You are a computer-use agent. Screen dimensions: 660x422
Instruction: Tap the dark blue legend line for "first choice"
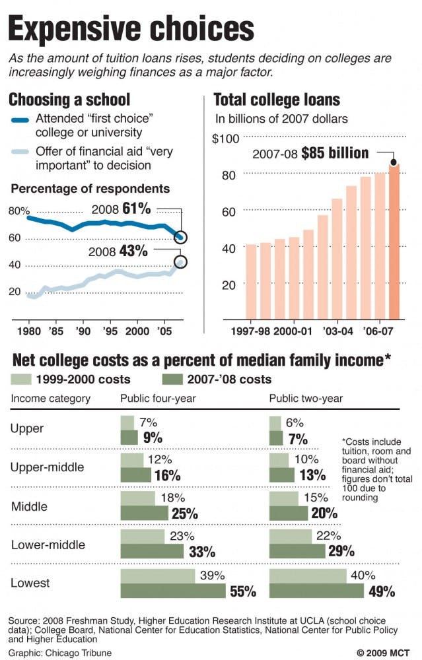pyautogui.click(x=26, y=121)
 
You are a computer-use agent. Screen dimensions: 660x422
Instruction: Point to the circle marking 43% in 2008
pyautogui.click(x=181, y=262)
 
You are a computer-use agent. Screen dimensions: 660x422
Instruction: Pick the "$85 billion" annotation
pyautogui.click(x=335, y=153)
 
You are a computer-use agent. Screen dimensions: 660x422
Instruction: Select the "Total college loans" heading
pyautogui.click(x=277, y=100)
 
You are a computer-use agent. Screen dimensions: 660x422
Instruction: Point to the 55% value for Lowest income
pyautogui.click(x=242, y=591)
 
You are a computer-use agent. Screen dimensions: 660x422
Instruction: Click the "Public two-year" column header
pyautogui.click(x=306, y=399)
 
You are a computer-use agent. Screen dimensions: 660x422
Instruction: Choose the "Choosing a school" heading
pyautogui.click(x=69, y=100)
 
